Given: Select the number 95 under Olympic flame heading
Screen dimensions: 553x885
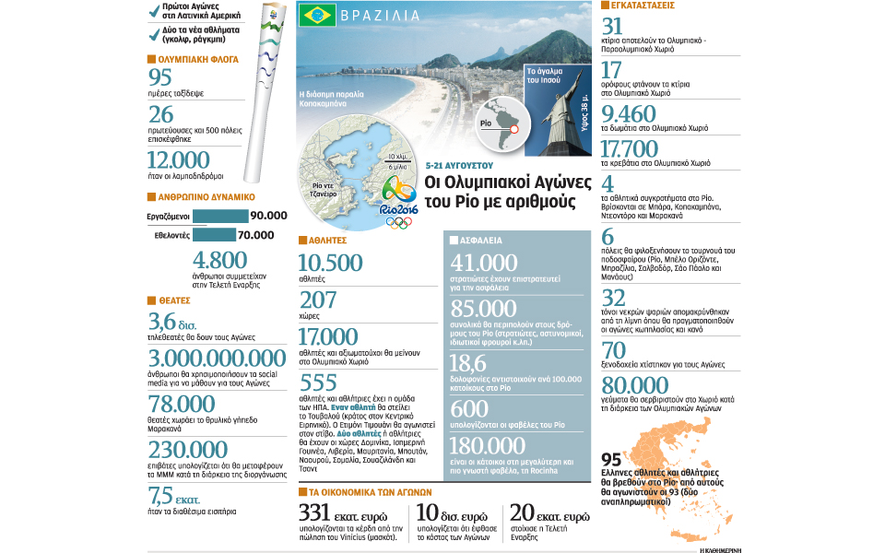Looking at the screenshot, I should coord(161,78).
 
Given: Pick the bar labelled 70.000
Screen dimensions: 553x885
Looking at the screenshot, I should coord(210,235).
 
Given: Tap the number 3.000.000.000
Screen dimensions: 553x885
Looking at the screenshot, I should coord(218,359).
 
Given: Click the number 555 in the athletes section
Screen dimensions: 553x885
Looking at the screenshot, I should coord(319,384).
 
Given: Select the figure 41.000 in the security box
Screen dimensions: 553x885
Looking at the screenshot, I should coord(484,264).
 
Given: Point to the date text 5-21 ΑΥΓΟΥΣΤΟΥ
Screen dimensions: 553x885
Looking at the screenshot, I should coord(461,164).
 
